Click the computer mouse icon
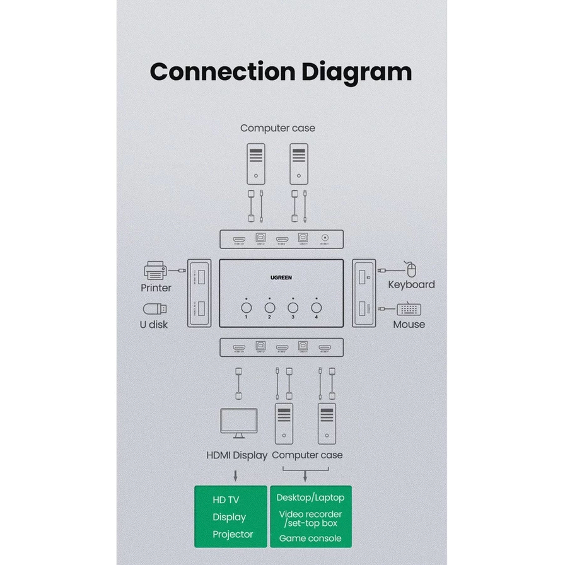point(411,270)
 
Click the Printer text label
point(156,288)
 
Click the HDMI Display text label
point(237,455)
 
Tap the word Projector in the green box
point(232,535)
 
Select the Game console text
point(310,539)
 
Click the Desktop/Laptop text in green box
point(310,498)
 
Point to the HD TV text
point(226,500)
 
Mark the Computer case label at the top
point(277,128)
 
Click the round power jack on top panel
point(325,240)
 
